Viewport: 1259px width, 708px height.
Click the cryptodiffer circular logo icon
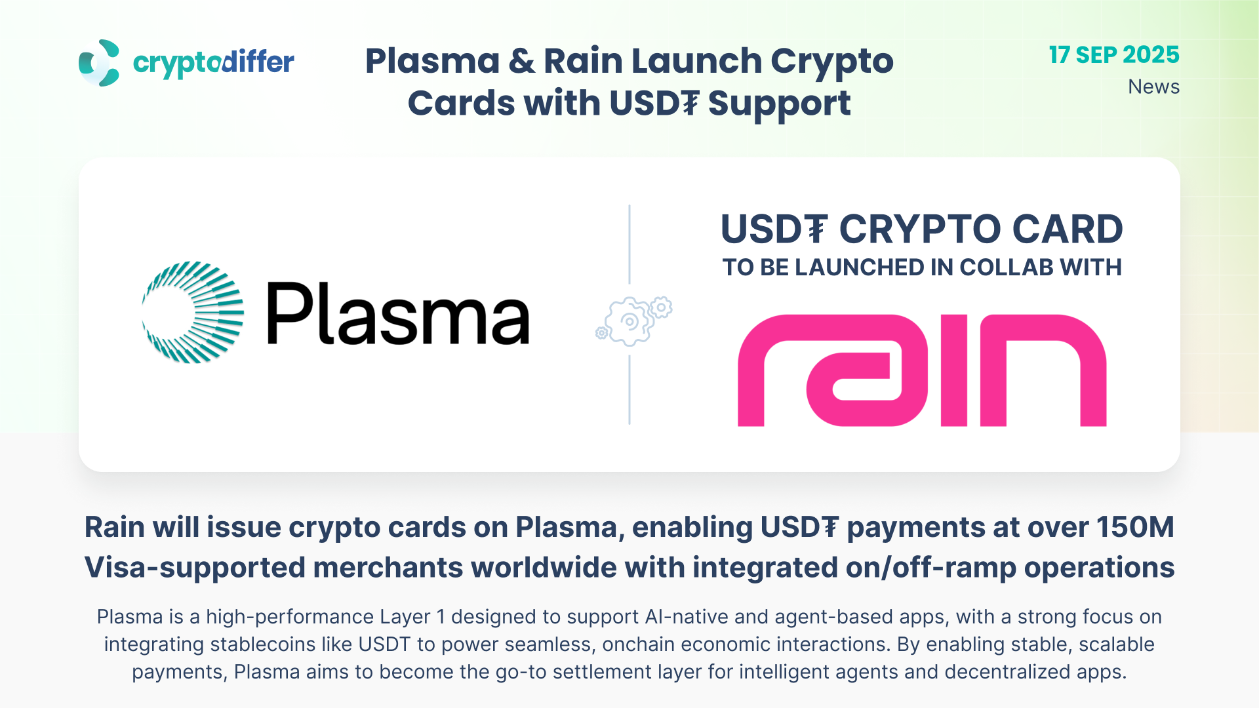coord(99,63)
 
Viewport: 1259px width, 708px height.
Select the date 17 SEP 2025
coord(1114,55)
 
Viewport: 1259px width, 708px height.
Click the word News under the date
coord(1153,87)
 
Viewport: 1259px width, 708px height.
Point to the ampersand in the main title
coord(521,61)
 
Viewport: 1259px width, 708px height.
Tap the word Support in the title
coord(779,104)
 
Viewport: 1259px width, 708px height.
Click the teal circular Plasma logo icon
coord(193,313)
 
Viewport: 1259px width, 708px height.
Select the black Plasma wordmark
coord(398,313)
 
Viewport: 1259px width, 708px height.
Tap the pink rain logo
coord(922,370)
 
